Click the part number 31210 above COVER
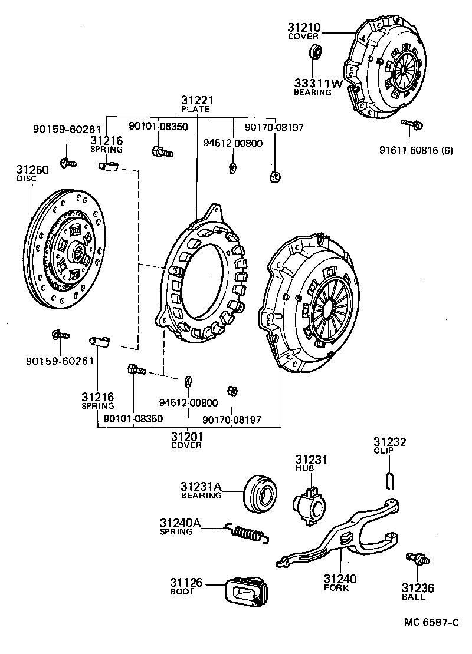304,28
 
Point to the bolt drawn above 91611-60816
412,124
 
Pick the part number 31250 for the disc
32,170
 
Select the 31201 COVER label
187,437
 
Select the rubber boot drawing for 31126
247,591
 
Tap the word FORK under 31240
336,587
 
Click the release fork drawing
342,539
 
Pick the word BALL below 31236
418,597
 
